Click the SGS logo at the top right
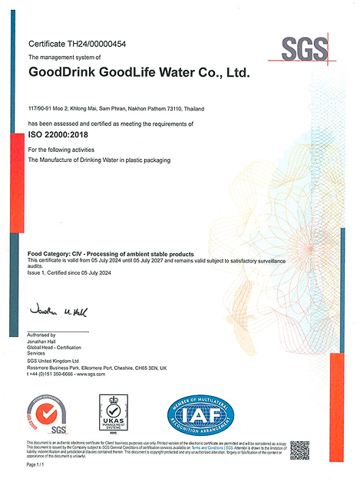[304, 50]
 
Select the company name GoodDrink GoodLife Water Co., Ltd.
[139, 74]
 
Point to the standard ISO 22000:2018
[58, 135]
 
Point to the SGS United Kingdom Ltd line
[55, 361]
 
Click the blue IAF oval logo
[201, 415]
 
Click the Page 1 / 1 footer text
[37, 465]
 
